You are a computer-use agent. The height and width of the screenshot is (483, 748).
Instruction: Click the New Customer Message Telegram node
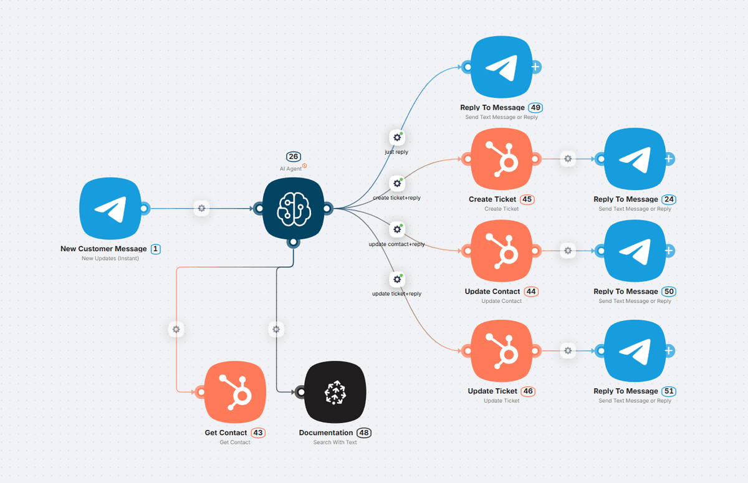pyautogui.click(x=110, y=208)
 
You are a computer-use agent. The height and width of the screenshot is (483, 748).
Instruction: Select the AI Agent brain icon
pyautogui.click(x=293, y=208)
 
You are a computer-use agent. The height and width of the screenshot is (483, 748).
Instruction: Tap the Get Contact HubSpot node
pyautogui.click(x=235, y=391)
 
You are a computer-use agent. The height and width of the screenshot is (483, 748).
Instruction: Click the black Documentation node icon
pyautogui.click(x=335, y=391)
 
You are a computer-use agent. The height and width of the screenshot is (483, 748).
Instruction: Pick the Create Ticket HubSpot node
pyautogui.click(x=502, y=159)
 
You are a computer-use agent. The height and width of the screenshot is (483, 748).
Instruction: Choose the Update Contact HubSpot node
pyautogui.click(x=502, y=251)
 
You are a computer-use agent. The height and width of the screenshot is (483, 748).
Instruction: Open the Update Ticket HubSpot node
pyautogui.click(x=502, y=351)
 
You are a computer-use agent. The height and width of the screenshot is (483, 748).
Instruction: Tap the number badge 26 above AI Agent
pyautogui.click(x=294, y=156)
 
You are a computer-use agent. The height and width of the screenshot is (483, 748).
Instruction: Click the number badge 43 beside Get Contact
pyautogui.click(x=258, y=433)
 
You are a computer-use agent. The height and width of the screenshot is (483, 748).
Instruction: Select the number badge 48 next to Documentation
pyautogui.click(x=365, y=433)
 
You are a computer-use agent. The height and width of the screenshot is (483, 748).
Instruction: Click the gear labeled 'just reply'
pyautogui.click(x=396, y=137)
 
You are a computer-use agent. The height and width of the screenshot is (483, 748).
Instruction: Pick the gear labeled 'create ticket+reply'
pyautogui.click(x=396, y=183)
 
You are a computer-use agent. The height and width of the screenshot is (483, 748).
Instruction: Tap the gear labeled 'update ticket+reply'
pyautogui.click(x=396, y=279)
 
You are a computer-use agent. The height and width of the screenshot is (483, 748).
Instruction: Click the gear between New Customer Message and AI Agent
pyautogui.click(x=201, y=208)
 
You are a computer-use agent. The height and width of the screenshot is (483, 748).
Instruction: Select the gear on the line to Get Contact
pyautogui.click(x=176, y=329)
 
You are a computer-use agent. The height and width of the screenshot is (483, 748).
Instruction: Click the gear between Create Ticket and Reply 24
pyautogui.click(x=567, y=159)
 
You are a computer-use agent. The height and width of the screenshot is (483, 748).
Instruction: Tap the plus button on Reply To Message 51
pyautogui.click(x=668, y=351)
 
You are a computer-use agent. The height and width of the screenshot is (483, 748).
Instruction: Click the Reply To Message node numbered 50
pyautogui.click(x=635, y=251)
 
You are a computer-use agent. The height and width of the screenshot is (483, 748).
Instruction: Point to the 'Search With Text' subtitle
pyautogui.click(x=335, y=442)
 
